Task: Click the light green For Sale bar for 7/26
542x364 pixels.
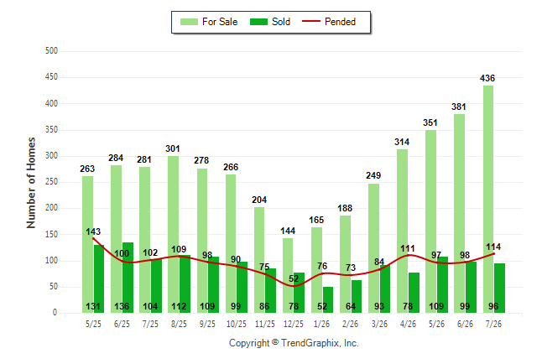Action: [x=488, y=199]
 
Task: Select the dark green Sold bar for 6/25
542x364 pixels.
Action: [x=128, y=278]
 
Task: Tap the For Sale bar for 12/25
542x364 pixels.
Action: [x=288, y=275]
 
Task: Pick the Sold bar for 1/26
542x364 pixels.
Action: [x=328, y=299]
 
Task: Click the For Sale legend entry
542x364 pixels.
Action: [x=209, y=22]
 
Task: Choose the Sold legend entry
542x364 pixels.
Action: [x=270, y=22]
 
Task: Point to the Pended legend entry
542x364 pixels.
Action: [x=329, y=22]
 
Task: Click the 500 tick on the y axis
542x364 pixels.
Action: [x=51, y=51]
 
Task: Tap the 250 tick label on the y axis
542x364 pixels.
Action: [x=51, y=182]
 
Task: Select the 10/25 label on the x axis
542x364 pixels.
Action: [x=237, y=324]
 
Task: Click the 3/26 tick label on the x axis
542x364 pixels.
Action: [x=379, y=324]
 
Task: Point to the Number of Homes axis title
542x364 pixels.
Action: [x=31, y=183]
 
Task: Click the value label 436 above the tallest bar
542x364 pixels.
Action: [x=487, y=79]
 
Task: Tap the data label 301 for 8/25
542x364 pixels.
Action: [x=173, y=149]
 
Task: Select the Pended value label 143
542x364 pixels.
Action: [x=93, y=231]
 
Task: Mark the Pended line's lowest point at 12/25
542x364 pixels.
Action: [x=294, y=286]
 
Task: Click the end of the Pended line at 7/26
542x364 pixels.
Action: [x=493, y=254]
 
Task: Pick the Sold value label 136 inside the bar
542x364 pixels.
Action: [x=122, y=306]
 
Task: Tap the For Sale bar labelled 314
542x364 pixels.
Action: [x=403, y=231]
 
